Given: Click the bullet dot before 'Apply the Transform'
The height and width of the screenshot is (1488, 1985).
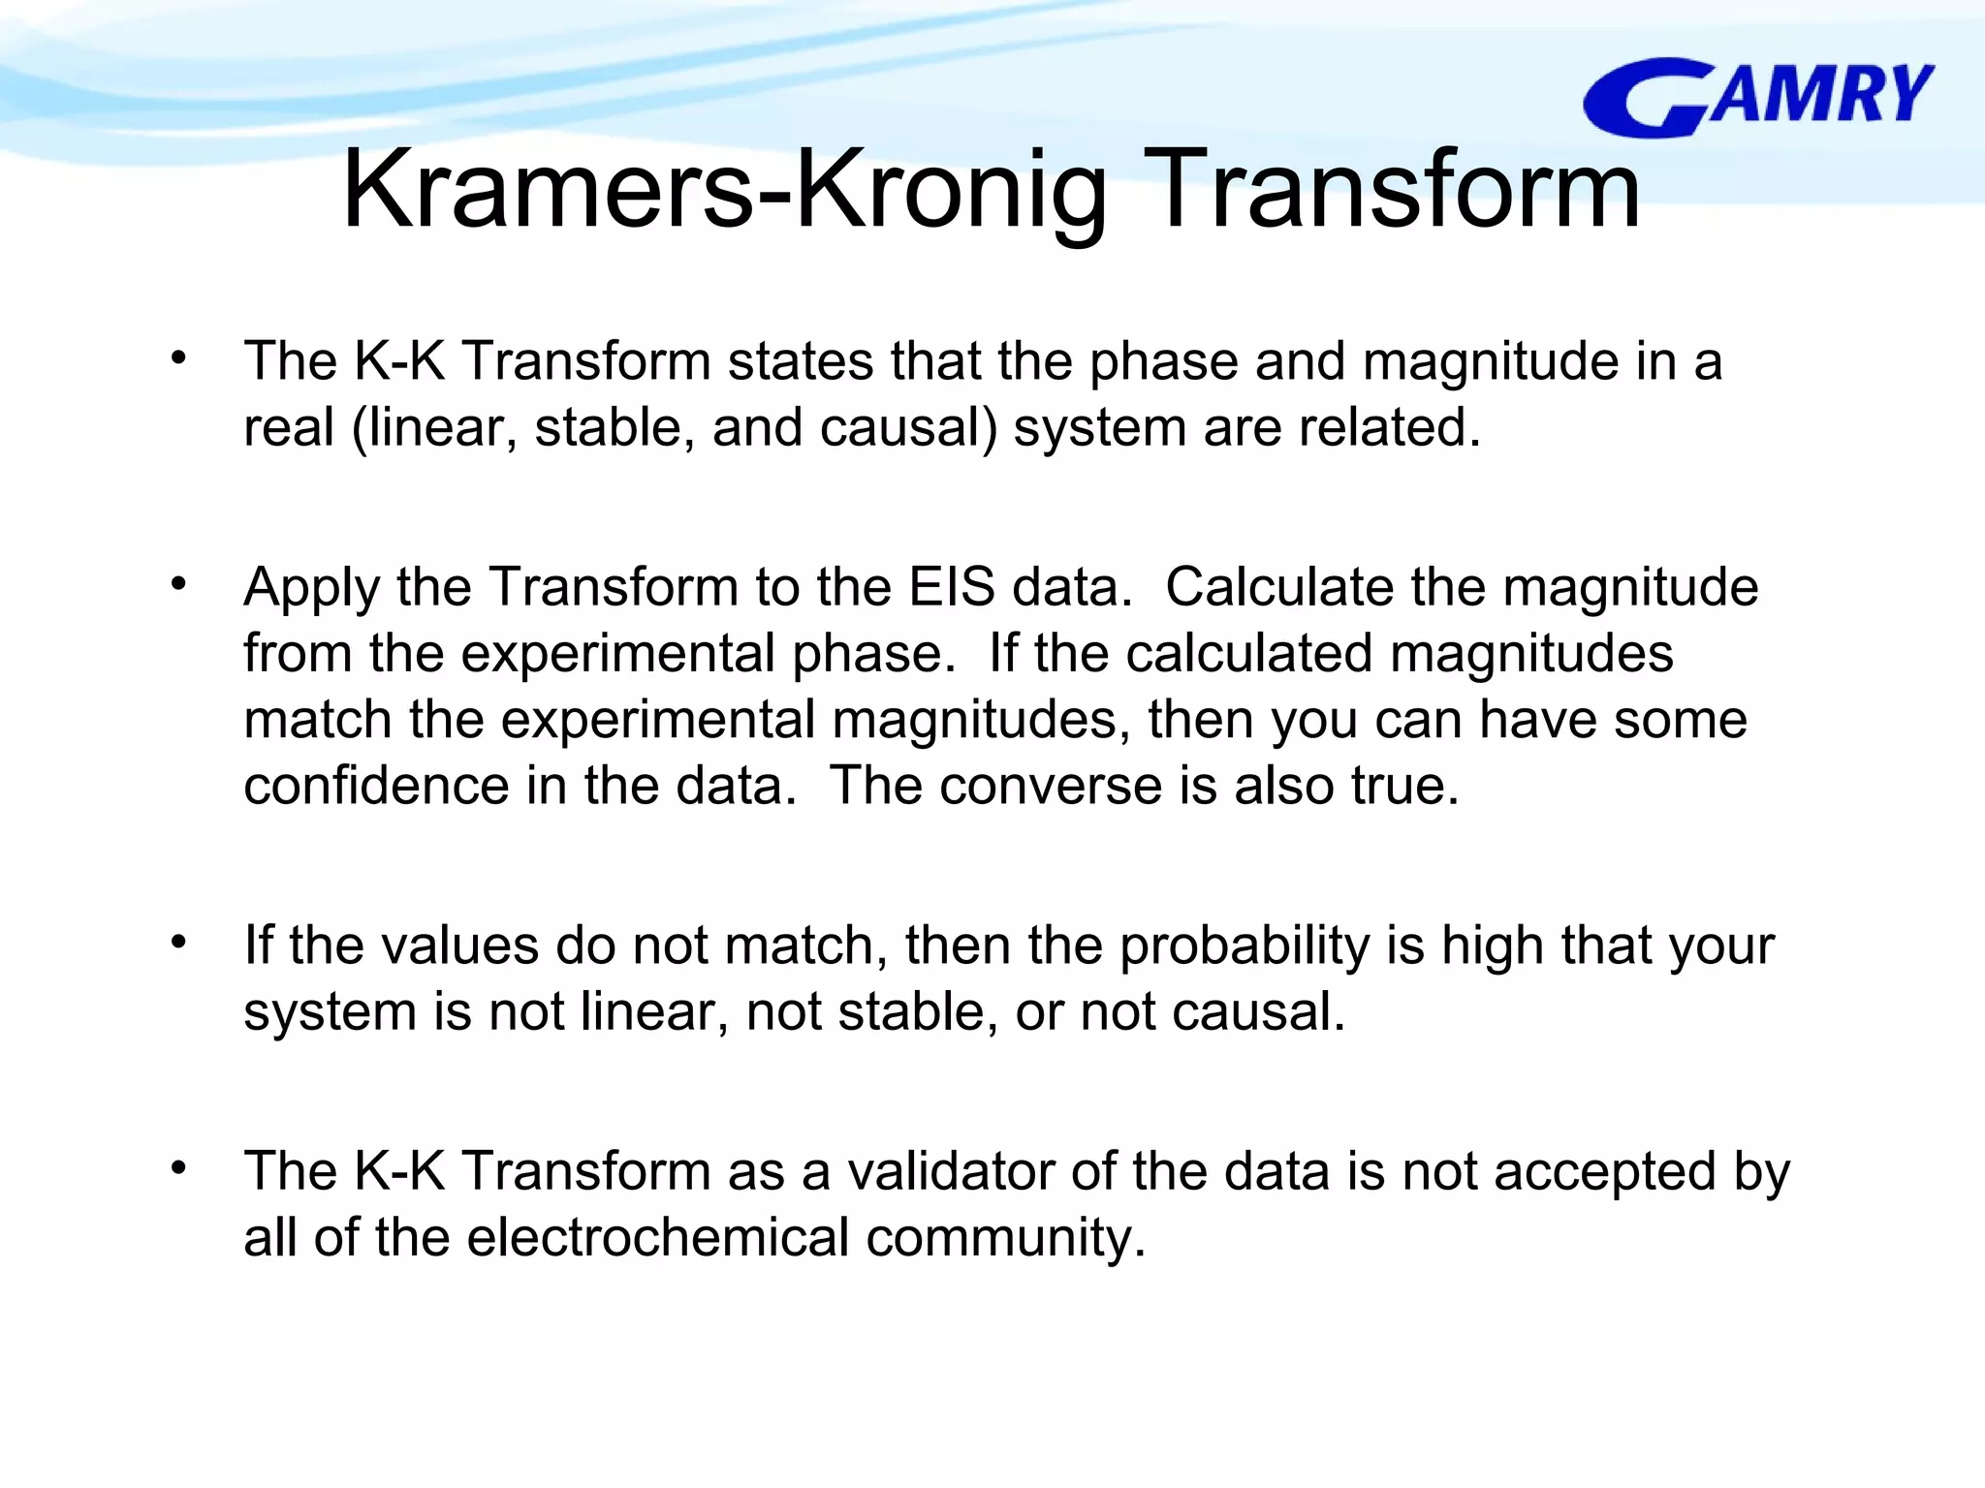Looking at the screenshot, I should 178,584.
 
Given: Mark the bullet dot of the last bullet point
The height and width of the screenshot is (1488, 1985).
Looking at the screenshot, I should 178,1168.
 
